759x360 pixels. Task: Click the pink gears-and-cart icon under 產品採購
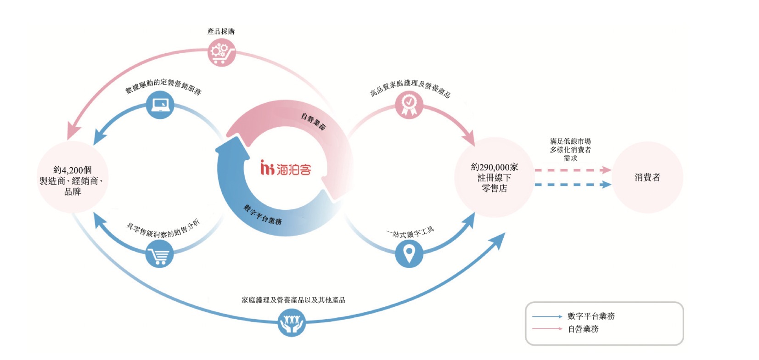[x=222, y=52]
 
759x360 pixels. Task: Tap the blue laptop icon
[x=160, y=105]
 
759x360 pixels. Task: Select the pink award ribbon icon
[x=409, y=105]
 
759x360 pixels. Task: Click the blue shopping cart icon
[x=160, y=253]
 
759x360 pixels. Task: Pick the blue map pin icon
[x=409, y=253]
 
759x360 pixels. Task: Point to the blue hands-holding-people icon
[x=292, y=322]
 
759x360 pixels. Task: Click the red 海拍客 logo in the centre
[x=286, y=168]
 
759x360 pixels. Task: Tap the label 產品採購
[x=221, y=32]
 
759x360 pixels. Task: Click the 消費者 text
[x=647, y=177]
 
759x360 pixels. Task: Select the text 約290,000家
[x=495, y=167]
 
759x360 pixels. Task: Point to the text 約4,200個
[x=73, y=170]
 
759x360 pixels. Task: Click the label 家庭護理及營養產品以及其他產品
[x=293, y=300]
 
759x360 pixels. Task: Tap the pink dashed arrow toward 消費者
[x=573, y=170]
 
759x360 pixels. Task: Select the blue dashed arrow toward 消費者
[x=573, y=185]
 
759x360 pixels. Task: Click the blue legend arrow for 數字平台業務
[x=547, y=317]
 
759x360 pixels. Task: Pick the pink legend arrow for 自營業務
[x=547, y=328]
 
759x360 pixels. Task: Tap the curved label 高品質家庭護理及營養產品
[x=410, y=88]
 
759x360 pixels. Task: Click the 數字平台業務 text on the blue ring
[x=263, y=214]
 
